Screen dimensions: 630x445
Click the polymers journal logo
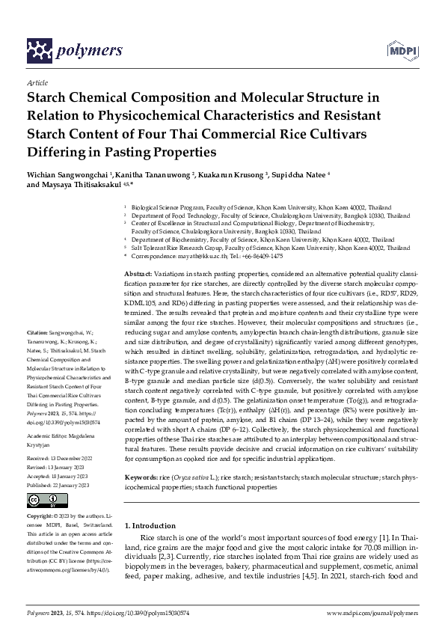pyautogui.click(x=74, y=51)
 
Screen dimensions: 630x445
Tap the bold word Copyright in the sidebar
pyautogui.click(x=42, y=516)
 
